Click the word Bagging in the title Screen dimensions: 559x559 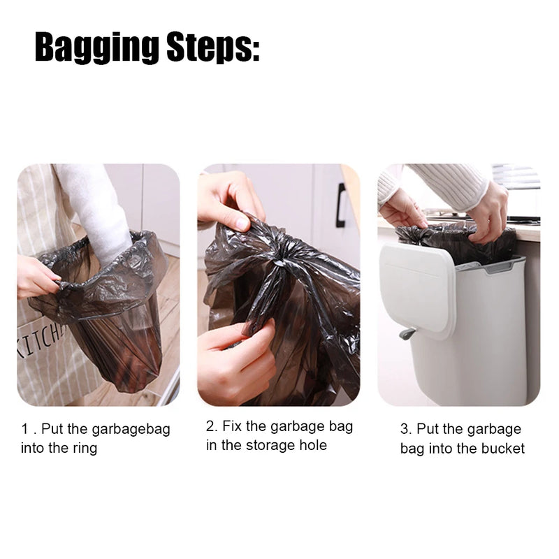pos(96,48)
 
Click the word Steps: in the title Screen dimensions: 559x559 pos(213,48)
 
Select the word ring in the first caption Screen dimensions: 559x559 pos(83,448)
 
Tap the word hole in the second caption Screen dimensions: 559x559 pos(312,445)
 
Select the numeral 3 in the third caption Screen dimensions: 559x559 pos(405,429)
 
